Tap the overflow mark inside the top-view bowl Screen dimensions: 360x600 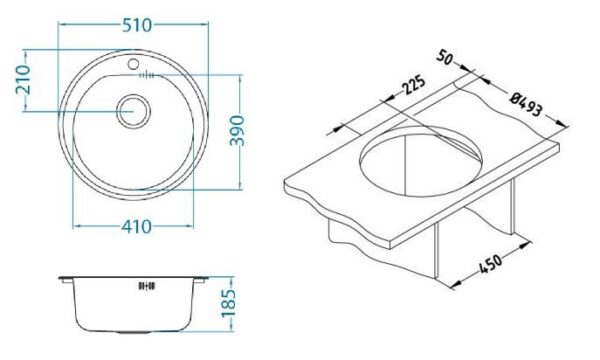[x=146, y=75]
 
